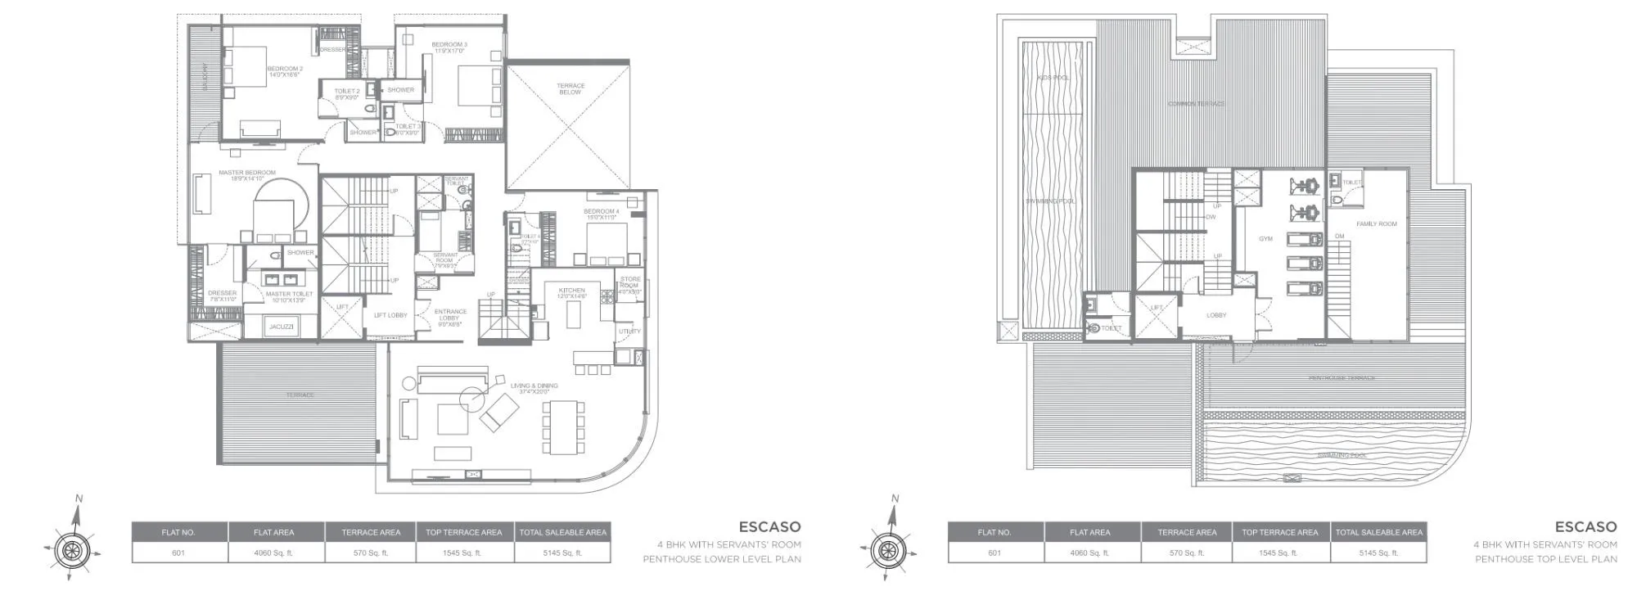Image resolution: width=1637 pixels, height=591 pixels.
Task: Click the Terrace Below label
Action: coord(570,88)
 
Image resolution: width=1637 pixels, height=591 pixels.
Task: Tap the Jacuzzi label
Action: coord(281,327)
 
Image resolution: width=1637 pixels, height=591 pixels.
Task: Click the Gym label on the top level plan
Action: coord(1265,239)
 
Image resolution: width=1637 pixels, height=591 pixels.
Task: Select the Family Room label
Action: coord(1376,223)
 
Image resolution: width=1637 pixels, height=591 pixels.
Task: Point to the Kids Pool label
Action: coord(1053,78)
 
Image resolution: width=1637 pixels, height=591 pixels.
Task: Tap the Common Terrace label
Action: coord(1196,104)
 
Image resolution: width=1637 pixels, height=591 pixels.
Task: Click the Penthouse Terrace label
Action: coord(1341,378)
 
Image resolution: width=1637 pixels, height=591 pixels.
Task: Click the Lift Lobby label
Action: coord(390,315)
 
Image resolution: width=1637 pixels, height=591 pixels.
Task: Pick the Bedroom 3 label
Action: coord(449,47)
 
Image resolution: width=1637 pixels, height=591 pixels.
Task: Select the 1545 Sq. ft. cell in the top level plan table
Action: coord(1279,553)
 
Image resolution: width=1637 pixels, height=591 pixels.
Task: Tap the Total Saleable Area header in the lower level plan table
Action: coord(562,532)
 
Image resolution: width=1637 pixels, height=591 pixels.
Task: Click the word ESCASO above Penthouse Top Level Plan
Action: coord(1585,527)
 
